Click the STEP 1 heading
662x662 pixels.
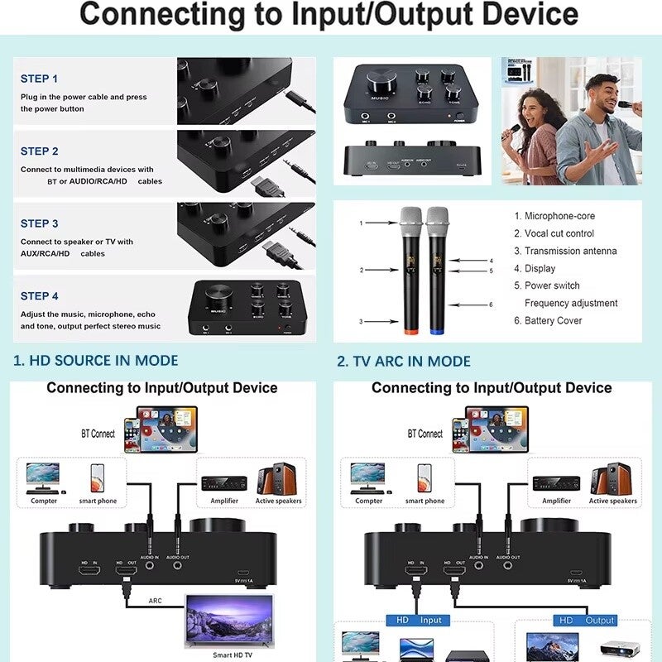pyautogui.click(x=40, y=79)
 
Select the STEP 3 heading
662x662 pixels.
pyautogui.click(x=40, y=223)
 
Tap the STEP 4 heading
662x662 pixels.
pyautogui.click(x=40, y=295)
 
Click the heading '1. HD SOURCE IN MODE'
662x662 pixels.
pyautogui.click(x=96, y=361)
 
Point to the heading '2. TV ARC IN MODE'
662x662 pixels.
pyautogui.click(x=404, y=361)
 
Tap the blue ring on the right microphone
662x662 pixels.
pyautogui.click(x=436, y=331)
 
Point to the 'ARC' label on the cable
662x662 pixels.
pyautogui.click(x=155, y=602)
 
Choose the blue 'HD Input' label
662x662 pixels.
pyautogui.click(x=419, y=620)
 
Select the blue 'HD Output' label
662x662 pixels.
pyautogui.click(x=586, y=620)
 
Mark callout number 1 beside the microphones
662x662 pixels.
pyautogui.click(x=361, y=223)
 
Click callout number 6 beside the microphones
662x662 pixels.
pyautogui.click(x=491, y=305)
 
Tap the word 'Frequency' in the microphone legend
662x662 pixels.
pyautogui.click(x=548, y=303)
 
